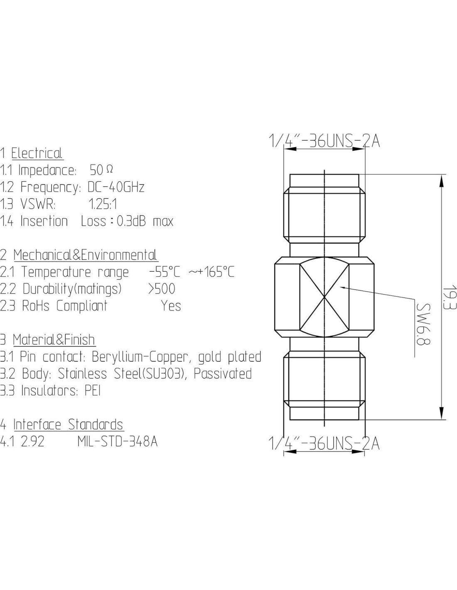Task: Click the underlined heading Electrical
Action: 37,153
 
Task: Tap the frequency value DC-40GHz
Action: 116,187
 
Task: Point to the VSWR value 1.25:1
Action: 103,204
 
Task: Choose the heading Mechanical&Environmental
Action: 86,255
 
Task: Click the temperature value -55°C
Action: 165,272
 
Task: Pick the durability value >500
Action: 162,289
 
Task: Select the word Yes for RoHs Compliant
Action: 171,306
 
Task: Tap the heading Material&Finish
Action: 54,339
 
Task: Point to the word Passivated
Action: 223,373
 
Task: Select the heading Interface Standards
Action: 69,424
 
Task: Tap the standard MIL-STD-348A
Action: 117,441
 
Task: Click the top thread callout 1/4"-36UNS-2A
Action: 324,141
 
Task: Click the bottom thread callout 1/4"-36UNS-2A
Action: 324,444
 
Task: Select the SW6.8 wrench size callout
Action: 423,324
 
